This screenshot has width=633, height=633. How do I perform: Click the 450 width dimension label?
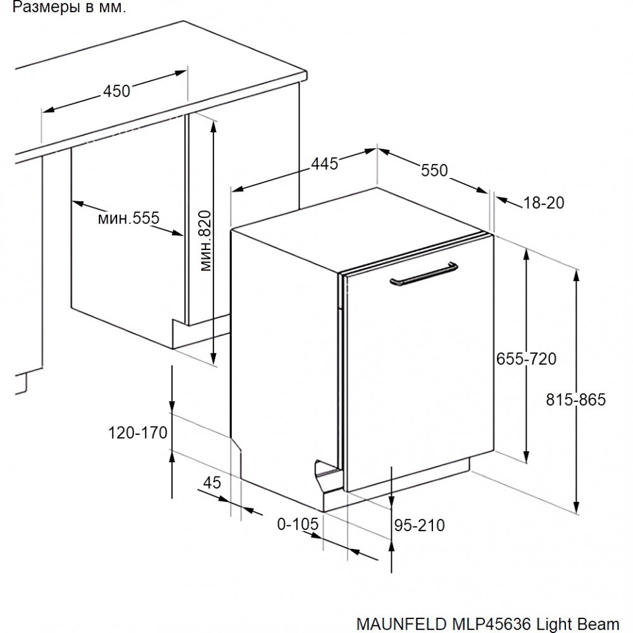click(116, 91)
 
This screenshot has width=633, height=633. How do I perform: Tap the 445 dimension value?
click(325, 163)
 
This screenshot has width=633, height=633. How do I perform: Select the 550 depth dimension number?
click(434, 170)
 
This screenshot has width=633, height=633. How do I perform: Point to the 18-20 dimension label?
click(544, 203)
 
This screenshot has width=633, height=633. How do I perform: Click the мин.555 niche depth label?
click(128, 218)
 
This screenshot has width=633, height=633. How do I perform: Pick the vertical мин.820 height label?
click(206, 241)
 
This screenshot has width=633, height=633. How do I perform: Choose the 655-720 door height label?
click(526, 358)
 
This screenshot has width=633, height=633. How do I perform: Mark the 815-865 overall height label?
click(576, 399)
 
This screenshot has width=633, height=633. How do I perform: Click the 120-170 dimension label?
click(137, 433)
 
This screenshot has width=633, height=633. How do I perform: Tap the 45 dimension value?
click(212, 482)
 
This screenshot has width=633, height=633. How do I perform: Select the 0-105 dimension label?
click(298, 524)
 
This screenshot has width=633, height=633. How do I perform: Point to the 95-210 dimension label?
click(420, 525)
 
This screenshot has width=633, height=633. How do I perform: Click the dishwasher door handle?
click(424, 274)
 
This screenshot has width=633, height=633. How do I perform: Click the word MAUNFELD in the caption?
click(402, 624)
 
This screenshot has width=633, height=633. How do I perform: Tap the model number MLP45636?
click(491, 624)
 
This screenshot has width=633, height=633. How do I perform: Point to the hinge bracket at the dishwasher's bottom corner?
click(328, 474)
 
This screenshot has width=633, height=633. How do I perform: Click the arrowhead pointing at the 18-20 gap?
click(501, 199)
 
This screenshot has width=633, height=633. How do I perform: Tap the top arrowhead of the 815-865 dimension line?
click(577, 275)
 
